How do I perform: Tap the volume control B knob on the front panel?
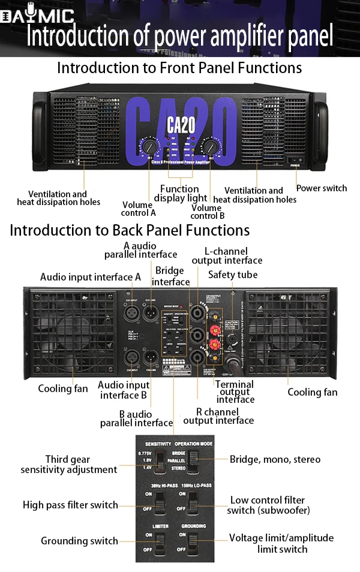210,146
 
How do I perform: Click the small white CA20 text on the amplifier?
181,126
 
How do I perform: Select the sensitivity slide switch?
160,462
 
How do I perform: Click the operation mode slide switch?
193,462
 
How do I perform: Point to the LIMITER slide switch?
160,544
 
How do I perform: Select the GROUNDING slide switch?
193,544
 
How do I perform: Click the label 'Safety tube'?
233,275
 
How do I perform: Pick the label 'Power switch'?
322,188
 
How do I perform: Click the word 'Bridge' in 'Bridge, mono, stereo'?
245,459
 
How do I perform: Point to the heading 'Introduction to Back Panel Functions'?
130,230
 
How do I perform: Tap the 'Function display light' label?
180,194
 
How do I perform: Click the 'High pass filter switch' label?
70,505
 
